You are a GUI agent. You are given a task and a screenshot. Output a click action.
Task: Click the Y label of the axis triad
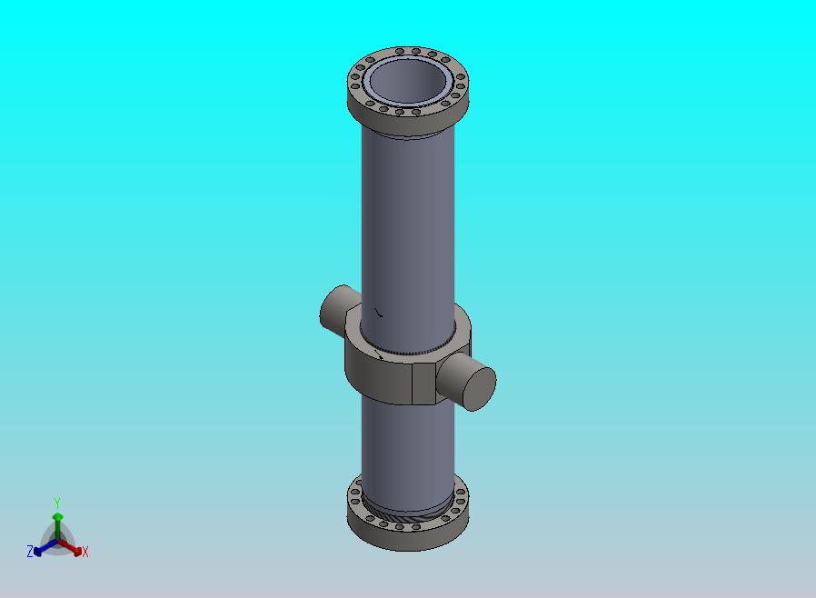tap(57, 503)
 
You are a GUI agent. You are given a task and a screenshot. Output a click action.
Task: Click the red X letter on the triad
tap(85, 552)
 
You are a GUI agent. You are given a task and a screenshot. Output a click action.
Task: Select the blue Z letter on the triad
tap(30, 552)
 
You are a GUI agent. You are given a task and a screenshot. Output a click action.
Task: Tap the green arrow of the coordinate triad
tap(57, 520)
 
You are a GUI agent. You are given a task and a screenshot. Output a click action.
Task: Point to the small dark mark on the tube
tap(379, 314)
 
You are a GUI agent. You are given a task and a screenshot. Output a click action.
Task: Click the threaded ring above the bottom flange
tap(406, 518)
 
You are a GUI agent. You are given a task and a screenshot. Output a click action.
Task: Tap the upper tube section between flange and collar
tap(406, 218)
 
